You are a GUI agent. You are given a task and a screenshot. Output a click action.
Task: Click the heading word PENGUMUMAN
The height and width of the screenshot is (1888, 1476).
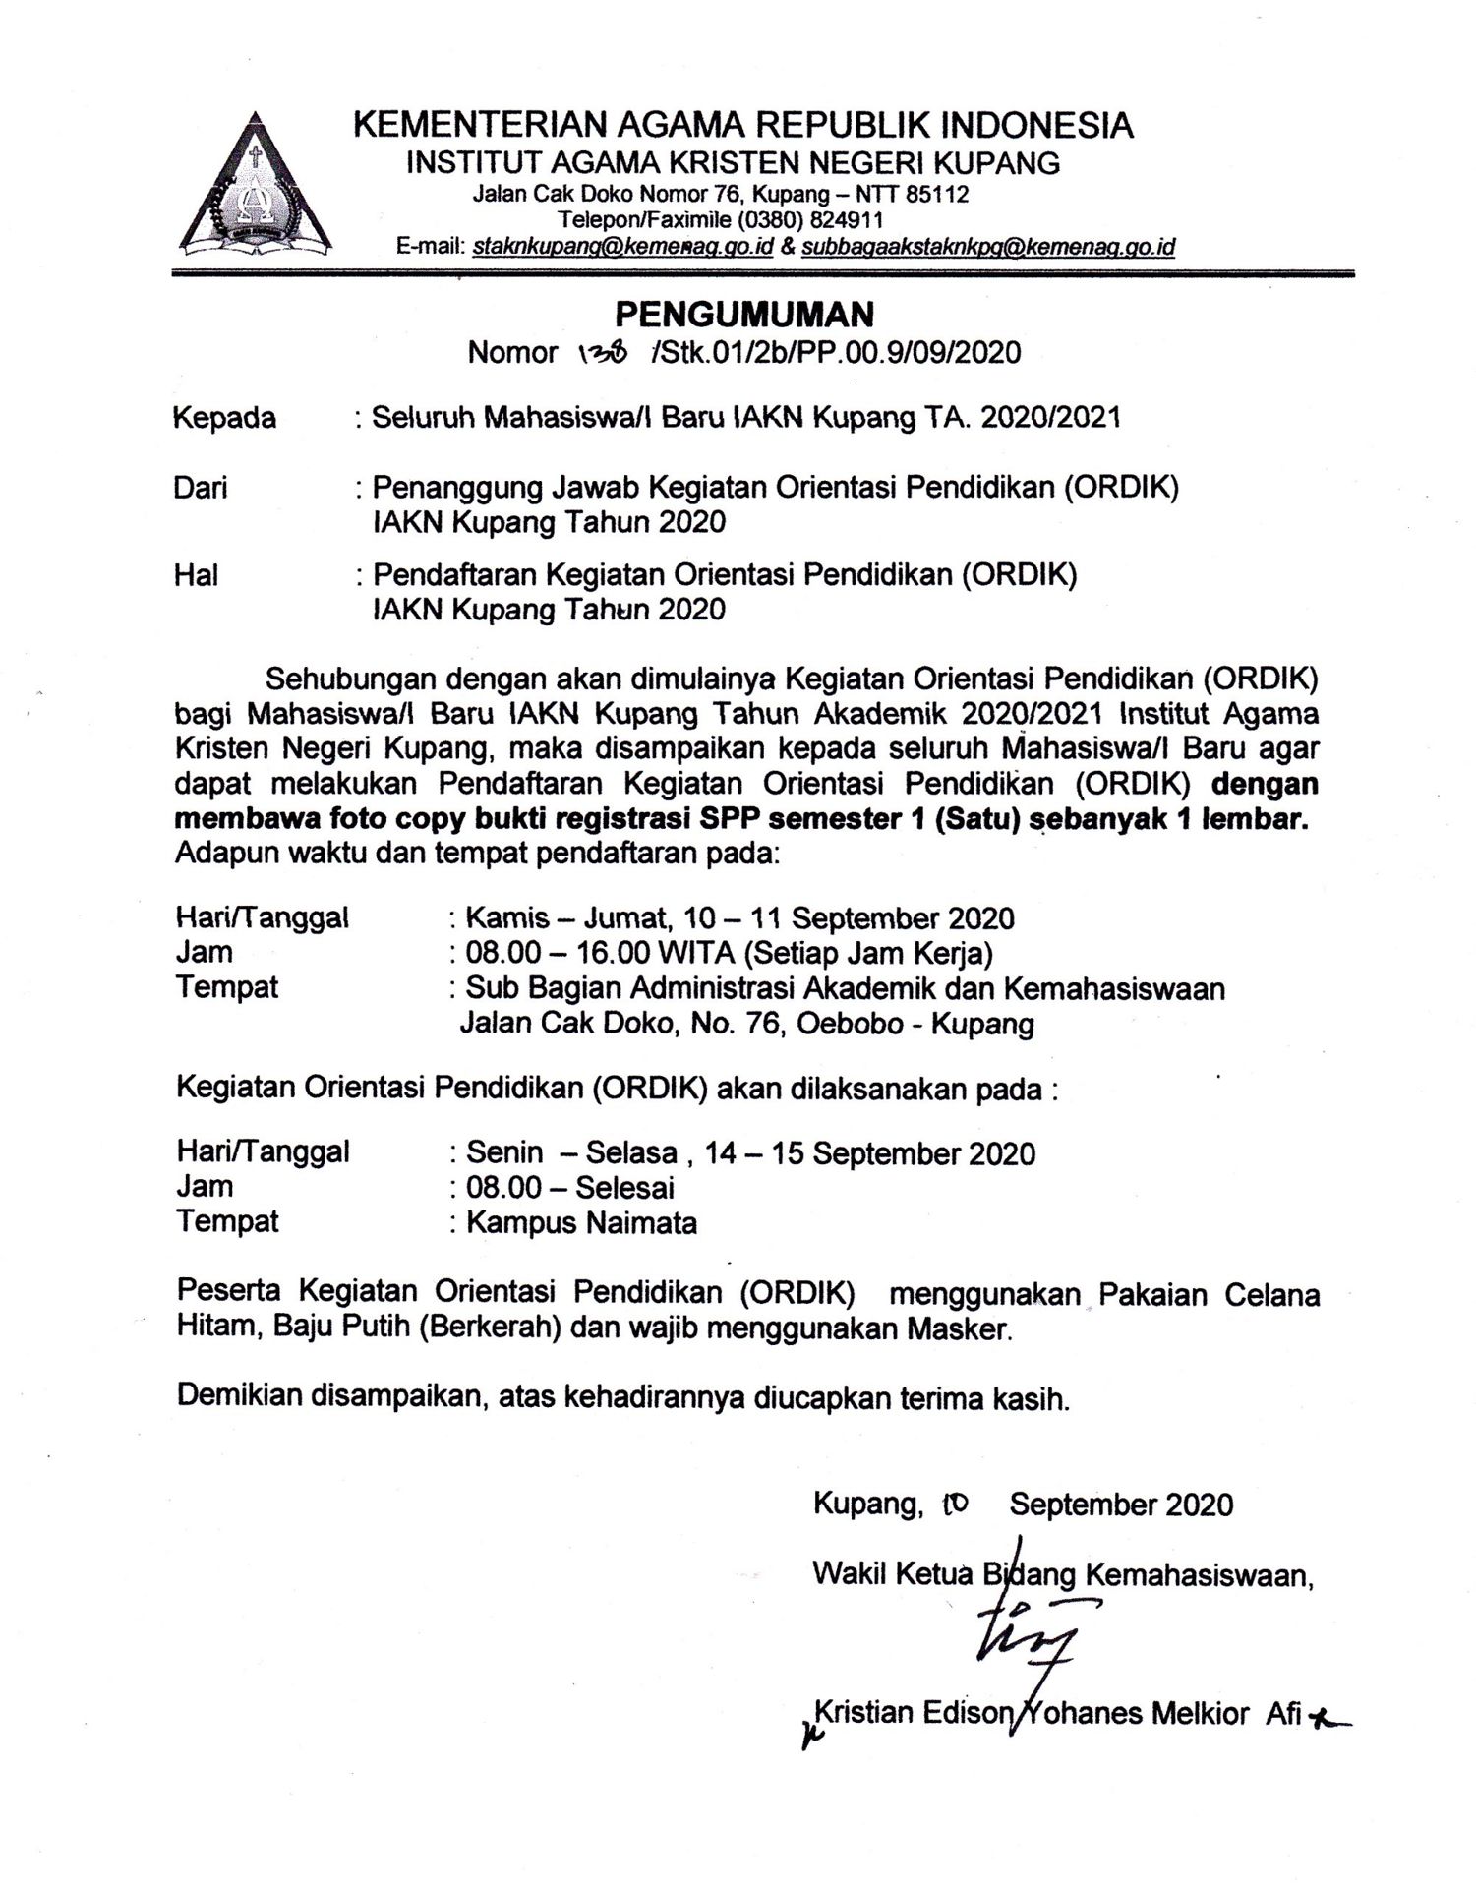(744, 314)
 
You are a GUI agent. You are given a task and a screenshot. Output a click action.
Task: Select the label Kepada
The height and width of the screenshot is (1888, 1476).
(224, 418)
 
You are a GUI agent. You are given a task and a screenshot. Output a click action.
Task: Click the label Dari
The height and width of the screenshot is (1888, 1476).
(200, 487)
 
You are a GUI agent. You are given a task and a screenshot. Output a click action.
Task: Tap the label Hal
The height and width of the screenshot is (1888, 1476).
(196, 574)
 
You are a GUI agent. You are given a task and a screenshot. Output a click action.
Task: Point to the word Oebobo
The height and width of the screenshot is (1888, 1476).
(850, 1024)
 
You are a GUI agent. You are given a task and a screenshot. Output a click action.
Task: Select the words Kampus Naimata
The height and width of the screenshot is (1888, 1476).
(581, 1222)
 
